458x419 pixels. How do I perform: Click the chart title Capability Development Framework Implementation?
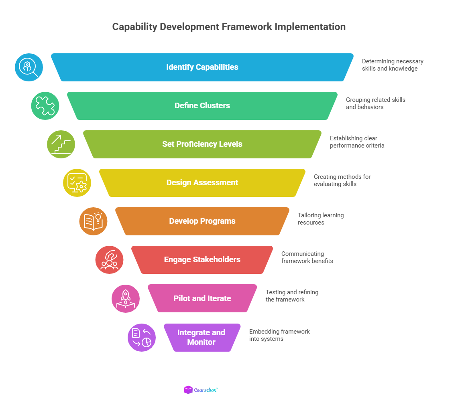point(229,27)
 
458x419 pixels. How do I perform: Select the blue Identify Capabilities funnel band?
point(202,67)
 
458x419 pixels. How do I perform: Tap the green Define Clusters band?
point(202,106)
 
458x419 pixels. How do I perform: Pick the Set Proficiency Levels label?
point(202,144)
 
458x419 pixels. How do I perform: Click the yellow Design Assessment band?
point(202,183)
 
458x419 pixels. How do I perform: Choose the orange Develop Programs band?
point(202,221)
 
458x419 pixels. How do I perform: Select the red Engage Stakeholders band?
point(202,260)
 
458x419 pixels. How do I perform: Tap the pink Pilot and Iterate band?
point(202,298)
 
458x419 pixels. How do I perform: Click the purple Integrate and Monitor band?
point(202,338)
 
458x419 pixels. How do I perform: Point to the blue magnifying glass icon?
point(29,67)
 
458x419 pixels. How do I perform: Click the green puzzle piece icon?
point(45,106)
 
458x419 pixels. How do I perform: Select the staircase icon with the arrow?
point(61,144)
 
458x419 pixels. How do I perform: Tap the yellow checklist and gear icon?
point(77,183)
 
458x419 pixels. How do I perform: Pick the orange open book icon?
point(93,221)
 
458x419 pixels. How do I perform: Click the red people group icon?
point(109,260)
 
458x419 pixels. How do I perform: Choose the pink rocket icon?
point(126,299)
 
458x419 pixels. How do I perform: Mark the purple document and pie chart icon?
point(142,338)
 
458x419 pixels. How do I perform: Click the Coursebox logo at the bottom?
point(201,390)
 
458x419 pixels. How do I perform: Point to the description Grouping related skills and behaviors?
point(375,103)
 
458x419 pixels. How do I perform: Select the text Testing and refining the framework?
point(292,296)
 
